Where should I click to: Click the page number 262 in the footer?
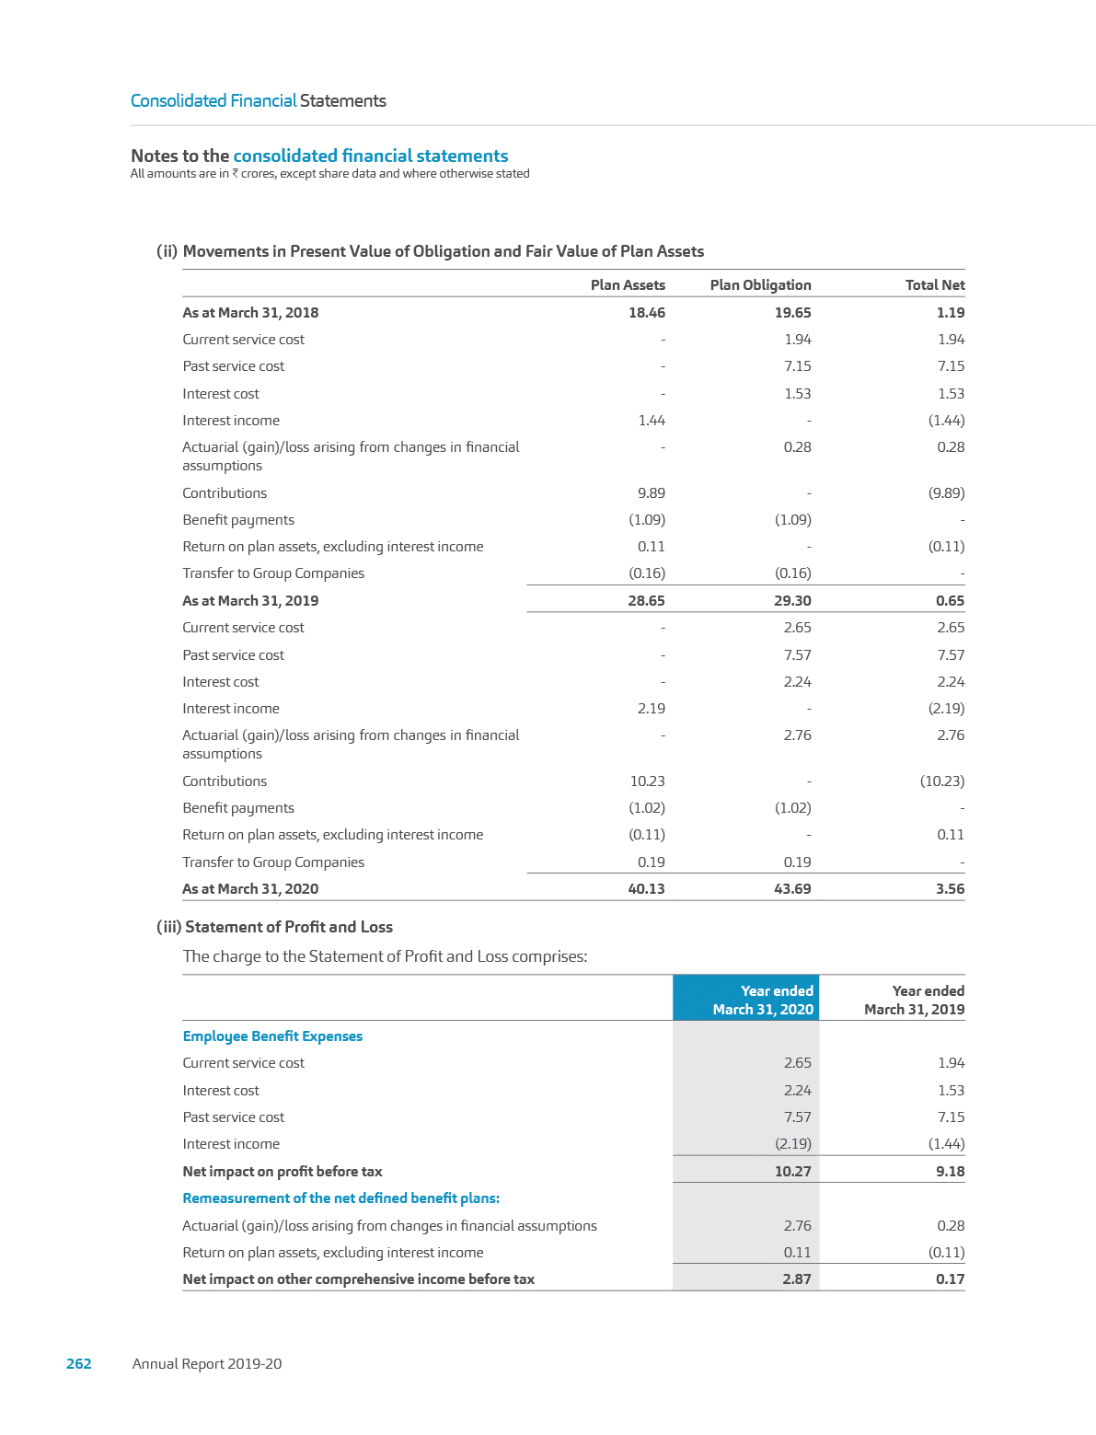click(79, 1364)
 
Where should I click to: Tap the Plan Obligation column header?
click(760, 285)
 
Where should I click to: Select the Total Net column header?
click(935, 285)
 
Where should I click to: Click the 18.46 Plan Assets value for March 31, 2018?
click(646, 313)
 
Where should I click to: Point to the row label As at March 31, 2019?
click(250, 601)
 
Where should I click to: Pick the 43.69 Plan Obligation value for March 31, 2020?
click(792, 889)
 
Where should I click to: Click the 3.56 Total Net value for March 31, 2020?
click(950, 889)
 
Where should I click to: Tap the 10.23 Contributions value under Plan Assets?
click(647, 781)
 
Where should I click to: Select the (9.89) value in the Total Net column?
click(946, 493)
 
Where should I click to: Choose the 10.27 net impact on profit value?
click(792, 1172)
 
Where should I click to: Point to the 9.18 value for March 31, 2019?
click(950, 1172)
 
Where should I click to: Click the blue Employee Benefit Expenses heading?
click(272, 1036)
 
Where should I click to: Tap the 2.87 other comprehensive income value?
click(796, 1279)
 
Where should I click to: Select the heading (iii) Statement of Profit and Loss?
click(275, 927)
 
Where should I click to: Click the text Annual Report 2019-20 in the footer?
click(207, 1364)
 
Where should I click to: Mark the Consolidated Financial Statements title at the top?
click(259, 101)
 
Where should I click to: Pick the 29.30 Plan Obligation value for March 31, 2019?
click(792, 601)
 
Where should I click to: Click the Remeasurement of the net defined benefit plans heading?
click(341, 1198)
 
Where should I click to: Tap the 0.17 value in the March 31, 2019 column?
click(950, 1279)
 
